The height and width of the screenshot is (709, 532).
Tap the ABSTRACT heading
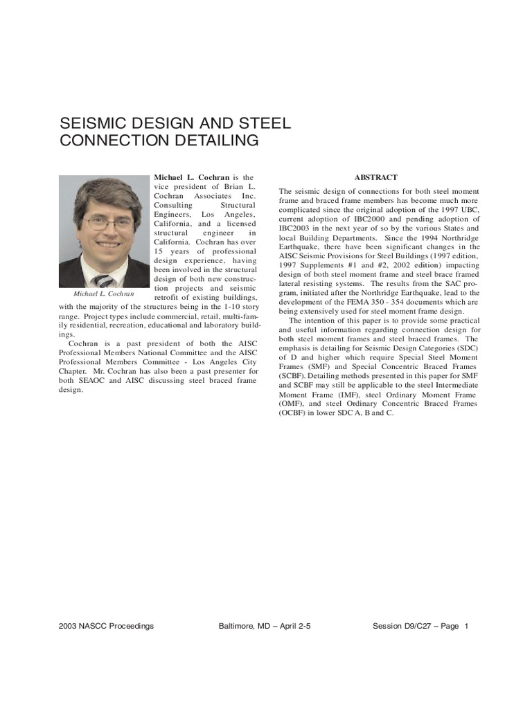(x=376, y=177)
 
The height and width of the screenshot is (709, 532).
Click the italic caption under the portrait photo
(x=104, y=294)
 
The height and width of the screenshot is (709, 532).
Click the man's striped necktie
(x=104, y=280)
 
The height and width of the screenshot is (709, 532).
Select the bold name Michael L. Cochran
(x=191, y=177)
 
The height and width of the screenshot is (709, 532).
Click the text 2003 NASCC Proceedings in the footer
(x=107, y=626)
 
